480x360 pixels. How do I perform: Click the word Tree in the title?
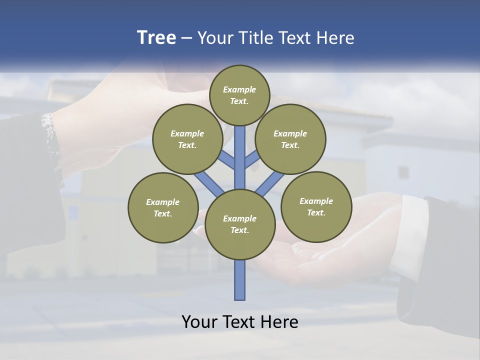(x=156, y=38)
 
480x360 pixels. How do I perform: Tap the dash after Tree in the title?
(x=187, y=38)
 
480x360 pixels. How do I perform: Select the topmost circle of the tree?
(x=239, y=95)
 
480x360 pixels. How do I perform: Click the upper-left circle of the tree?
(x=187, y=139)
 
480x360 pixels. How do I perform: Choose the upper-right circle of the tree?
(x=290, y=139)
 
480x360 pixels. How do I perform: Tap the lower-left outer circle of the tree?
(x=163, y=207)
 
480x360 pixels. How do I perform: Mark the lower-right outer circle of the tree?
(x=316, y=206)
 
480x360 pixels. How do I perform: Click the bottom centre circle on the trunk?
(x=240, y=224)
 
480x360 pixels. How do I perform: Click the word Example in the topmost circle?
(x=239, y=90)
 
